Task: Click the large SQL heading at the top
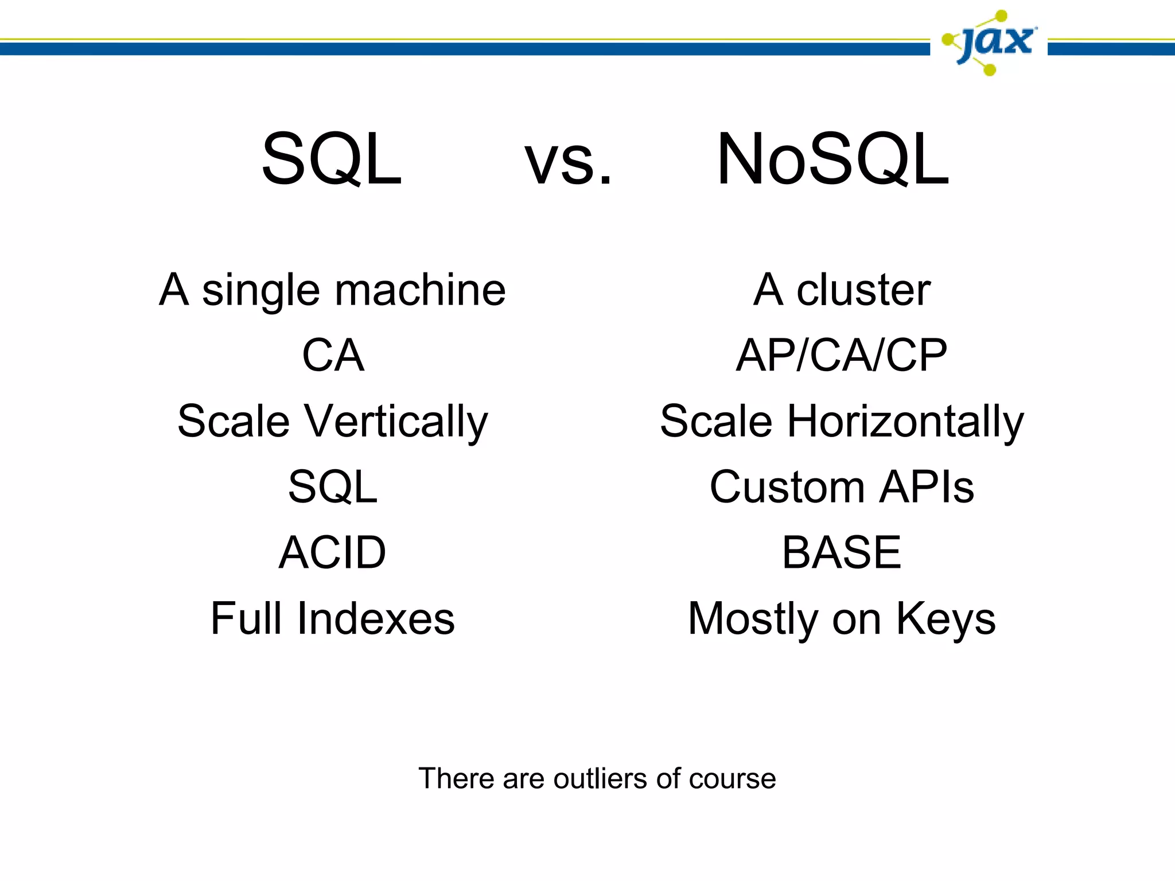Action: coord(332,159)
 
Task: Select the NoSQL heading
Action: coord(832,159)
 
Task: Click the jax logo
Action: coord(989,42)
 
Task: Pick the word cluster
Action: coord(863,290)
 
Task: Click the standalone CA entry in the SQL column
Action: coord(333,356)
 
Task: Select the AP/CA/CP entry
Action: coord(841,356)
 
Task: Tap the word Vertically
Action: coord(396,422)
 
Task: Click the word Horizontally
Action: coord(905,422)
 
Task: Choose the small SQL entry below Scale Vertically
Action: coord(333,488)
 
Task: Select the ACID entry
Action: coord(333,553)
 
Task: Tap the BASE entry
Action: coord(841,553)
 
